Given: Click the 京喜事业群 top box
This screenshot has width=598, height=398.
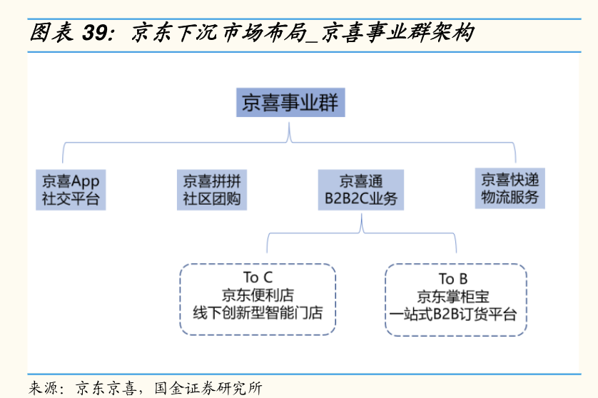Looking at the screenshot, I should pyautogui.click(x=290, y=103).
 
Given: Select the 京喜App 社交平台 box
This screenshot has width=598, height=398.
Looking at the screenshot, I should pyautogui.click(x=71, y=190).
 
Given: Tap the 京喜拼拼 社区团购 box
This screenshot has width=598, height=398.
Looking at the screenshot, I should pyautogui.click(x=211, y=190).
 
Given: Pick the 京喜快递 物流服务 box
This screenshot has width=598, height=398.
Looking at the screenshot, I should pyautogui.click(x=510, y=188).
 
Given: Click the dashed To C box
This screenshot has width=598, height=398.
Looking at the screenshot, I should pyautogui.click(x=258, y=299).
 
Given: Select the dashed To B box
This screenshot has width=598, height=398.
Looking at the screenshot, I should pyautogui.click(x=456, y=300).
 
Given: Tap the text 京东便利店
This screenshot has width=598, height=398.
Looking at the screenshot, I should pyautogui.click(x=258, y=295).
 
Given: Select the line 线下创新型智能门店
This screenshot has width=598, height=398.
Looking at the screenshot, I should pyautogui.click(x=258, y=312).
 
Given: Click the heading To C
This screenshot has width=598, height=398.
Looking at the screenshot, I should pyautogui.click(x=258, y=277).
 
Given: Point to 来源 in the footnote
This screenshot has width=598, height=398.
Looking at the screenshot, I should pyautogui.click(x=44, y=388).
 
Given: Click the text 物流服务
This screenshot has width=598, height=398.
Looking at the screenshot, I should pyautogui.click(x=510, y=198).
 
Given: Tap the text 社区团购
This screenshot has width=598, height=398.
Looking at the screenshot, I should pyautogui.click(x=211, y=199).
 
